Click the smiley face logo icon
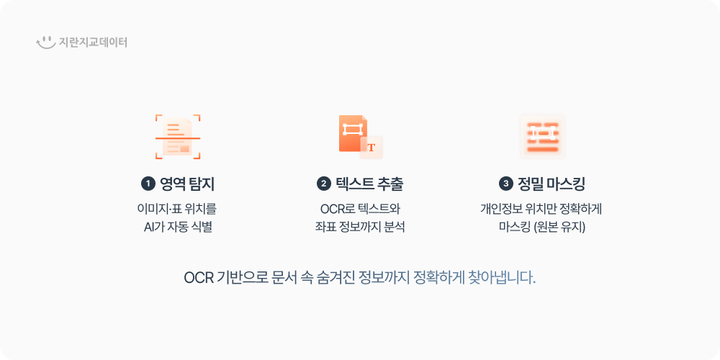point(46,42)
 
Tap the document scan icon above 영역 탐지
point(178,137)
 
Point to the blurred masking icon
point(542,137)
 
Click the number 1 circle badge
point(148,184)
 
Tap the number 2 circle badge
point(323,184)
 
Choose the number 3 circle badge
point(505,184)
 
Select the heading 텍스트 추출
point(369,184)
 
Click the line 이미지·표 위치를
point(176,210)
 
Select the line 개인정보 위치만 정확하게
point(541,210)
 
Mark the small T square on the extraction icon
point(372,148)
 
